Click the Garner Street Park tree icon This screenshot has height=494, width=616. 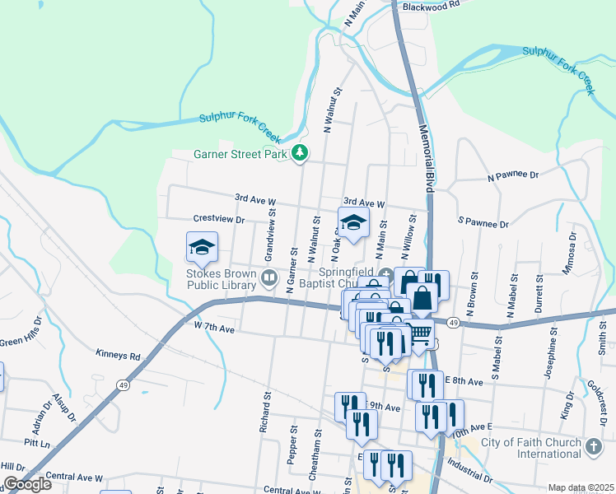(301, 152)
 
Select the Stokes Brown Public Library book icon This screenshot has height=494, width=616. (268, 278)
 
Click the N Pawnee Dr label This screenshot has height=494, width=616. (512, 175)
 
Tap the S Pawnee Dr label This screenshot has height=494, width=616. (483, 222)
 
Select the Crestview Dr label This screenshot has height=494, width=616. (219, 220)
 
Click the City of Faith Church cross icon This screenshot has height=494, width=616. (594, 446)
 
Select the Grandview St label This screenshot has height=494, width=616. (268, 230)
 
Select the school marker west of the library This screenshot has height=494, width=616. (202, 246)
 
